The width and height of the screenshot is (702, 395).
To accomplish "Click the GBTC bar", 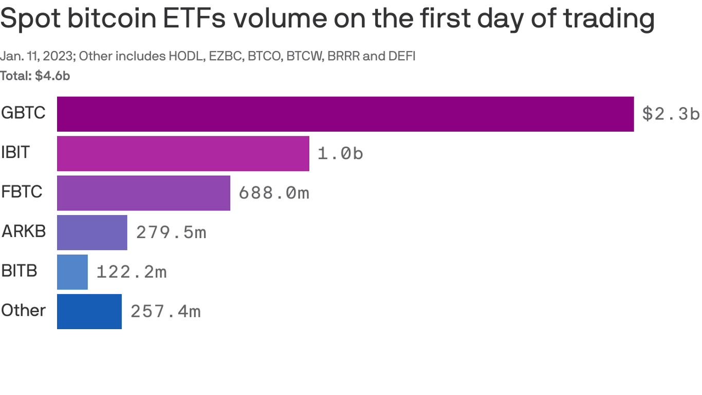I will point(345,114).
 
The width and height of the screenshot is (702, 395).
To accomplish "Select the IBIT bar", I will point(183,153).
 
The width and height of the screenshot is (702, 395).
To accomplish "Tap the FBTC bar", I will point(143,193).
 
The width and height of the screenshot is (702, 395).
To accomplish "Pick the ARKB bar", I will point(92,232).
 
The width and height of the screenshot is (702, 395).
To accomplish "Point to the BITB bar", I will point(72,272).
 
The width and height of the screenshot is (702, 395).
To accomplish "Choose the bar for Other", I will point(89,312).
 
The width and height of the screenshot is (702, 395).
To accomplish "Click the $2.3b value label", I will point(670,114).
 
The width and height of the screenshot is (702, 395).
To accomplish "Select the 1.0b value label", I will point(340,153).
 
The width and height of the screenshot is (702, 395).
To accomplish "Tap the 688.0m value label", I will point(274,193).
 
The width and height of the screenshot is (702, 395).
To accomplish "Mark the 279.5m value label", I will point(171,232).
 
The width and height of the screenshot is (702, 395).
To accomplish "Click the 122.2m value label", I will point(132,272).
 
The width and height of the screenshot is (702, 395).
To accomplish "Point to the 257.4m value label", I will point(165,312).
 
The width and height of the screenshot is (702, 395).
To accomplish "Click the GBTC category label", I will point(23,113).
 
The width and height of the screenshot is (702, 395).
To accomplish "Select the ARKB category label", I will point(24,231).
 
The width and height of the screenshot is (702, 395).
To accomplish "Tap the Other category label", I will point(23,310).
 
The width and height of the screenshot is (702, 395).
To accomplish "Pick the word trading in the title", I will point(608,19).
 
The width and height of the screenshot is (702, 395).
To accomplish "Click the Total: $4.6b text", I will point(35,76).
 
